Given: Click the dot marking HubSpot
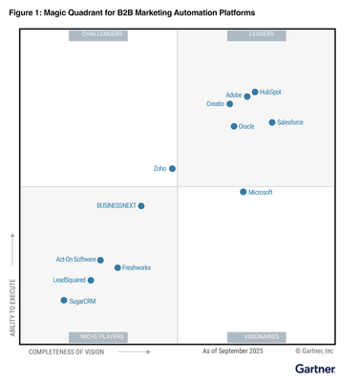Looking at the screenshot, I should click(255, 93).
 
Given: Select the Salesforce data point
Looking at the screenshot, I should click(272, 122).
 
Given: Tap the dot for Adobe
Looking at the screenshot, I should click(247, 96).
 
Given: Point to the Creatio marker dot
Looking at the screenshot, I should click(230, 104).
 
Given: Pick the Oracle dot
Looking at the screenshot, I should click(234, 126).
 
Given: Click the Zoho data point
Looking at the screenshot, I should click(173, 169).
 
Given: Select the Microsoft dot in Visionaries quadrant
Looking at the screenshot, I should click(244, 192).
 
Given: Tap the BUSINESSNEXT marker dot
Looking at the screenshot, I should click(141, 205).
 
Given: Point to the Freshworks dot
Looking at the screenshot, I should click(117, 268).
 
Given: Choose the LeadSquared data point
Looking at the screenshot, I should click(91, 281).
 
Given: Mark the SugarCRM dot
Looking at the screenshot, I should click(64, 301).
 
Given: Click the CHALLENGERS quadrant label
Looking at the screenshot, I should click(98, 35).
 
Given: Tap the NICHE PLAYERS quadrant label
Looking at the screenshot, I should click(98, 337).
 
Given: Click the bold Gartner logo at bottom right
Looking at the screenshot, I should click(314, 368).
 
